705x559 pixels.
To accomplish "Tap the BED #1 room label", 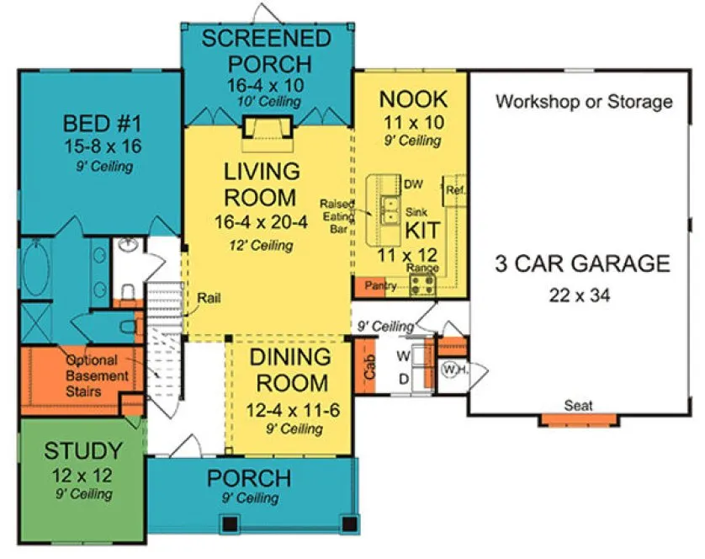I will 100,124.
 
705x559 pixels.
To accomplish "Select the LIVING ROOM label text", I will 261,184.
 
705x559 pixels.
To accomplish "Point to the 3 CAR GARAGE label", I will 582,264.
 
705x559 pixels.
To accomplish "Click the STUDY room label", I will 83,450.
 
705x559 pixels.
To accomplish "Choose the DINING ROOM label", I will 290,371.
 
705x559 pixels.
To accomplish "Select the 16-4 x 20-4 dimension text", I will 261,224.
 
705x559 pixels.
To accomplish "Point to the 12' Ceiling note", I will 261,246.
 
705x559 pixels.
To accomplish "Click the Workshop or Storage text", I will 584,102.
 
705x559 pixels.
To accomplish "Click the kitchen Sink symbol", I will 390,210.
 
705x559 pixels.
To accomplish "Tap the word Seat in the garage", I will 578,406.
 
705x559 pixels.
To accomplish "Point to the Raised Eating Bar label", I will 341,216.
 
